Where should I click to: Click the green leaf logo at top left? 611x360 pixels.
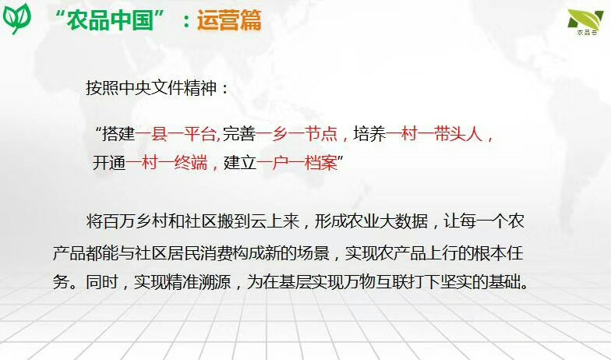coord(16,17)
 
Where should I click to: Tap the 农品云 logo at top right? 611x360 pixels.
coord(586,22)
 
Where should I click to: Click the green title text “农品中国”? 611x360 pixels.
coord(111,20)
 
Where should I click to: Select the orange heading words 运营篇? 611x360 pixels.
coord(229,20)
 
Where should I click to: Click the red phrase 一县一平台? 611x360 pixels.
coord(176,134)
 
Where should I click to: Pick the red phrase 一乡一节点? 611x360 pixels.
coord(296,134)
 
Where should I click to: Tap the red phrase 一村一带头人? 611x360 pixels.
coord(434,134)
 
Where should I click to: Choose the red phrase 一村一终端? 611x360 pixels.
coord(167,162)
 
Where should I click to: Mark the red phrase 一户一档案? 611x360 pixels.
coord(296,162)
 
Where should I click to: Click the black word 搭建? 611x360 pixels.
coord(118,134)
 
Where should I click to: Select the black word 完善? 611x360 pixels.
coord(239,134)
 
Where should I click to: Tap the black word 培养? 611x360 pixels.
coord(369,134)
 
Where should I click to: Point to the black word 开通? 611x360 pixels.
coord(109,162)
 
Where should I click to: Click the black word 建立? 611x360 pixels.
coord(240,162)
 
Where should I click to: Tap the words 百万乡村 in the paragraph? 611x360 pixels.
coord(135,221)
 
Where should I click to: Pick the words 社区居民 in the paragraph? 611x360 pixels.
coord(168,252)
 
